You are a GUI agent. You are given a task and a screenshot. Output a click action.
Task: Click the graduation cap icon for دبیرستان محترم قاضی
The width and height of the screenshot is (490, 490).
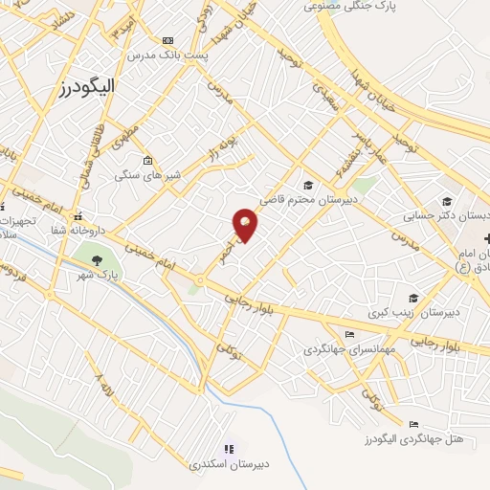(308, 186)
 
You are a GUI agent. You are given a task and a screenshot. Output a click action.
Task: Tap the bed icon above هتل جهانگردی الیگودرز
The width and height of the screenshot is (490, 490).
(413, 424)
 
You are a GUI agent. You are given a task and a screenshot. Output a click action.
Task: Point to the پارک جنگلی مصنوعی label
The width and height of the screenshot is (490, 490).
(351, 6)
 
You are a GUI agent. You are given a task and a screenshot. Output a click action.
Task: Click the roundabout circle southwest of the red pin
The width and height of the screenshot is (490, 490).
(196, 283)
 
